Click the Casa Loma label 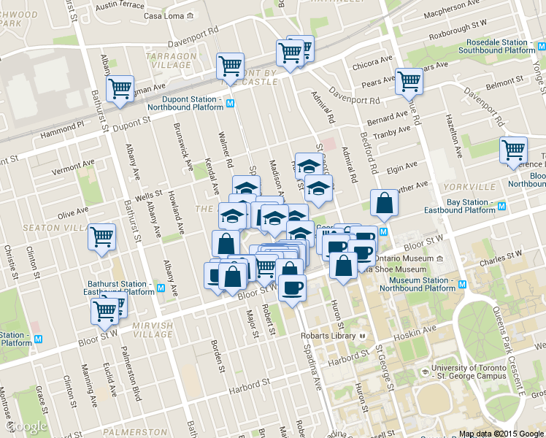coord(164,16)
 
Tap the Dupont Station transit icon coord(231,104)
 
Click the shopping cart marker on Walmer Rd coord(230,66)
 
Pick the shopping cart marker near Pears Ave coord(409,82)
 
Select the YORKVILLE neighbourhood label coord(470,187)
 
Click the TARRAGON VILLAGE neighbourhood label coord(172,61)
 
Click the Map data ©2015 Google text coord(501,434)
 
